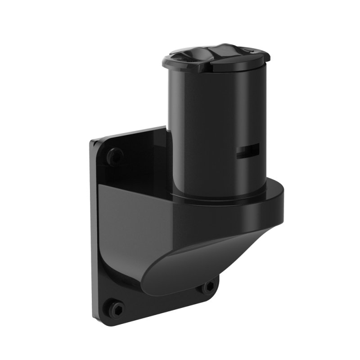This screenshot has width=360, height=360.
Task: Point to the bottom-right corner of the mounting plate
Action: pos(218,288)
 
